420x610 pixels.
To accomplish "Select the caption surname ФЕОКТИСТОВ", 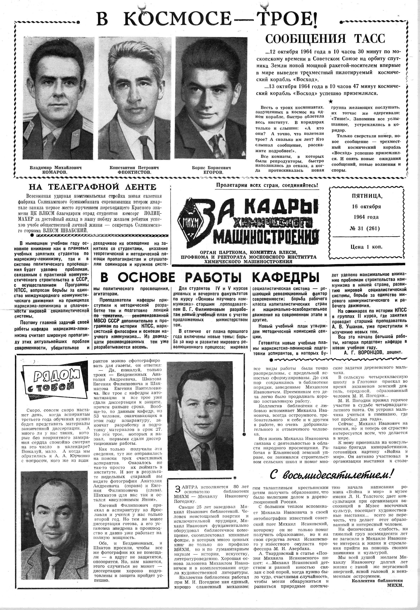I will [134, 172].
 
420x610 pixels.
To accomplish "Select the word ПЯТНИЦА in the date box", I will [366, 196].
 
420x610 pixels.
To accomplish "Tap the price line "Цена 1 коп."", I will [366, 247].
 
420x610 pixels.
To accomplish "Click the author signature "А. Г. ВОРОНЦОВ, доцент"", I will [373, 352].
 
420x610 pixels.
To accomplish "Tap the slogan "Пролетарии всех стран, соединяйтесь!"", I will [267, 185].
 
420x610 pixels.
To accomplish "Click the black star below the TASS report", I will [331, 101].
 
